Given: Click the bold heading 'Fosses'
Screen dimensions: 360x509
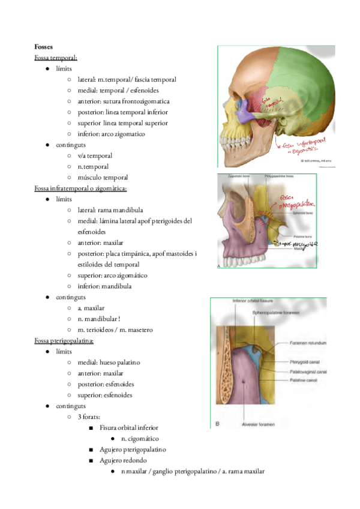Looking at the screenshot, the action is (45, 46).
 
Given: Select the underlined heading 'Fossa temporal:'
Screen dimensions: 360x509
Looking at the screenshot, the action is (56, 58).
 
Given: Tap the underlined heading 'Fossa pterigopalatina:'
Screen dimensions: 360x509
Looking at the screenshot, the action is (64, 341).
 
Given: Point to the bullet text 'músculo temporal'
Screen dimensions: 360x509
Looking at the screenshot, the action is (103, 178).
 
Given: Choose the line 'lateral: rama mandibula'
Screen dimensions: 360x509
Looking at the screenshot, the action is (110, 210).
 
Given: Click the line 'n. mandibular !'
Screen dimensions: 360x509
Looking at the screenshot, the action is (103, 319).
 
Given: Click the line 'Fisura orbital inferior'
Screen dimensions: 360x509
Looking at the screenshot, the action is (129, 428).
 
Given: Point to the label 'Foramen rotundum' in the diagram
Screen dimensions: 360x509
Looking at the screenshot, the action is (308, 343).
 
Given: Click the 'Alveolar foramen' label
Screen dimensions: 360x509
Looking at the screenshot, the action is (246, 424).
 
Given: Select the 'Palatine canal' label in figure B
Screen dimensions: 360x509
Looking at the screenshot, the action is (307, 381).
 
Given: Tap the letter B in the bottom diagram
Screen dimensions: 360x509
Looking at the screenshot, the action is (216, 424).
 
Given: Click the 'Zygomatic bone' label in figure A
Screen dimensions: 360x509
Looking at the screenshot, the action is (238, 176).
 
